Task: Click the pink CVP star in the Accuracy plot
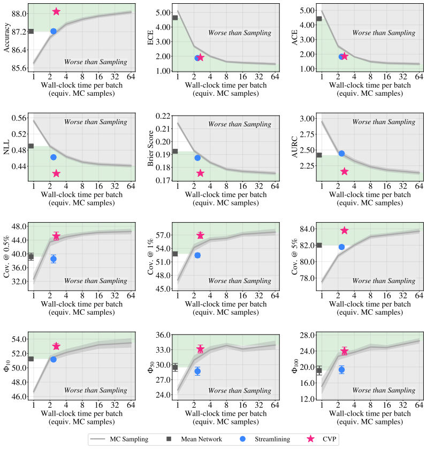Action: (x=56, y=12)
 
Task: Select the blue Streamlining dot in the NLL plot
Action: (x=54, y=157)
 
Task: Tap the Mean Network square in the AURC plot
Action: (x=319, y=155)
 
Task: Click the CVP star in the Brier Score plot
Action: (x=200, y=173)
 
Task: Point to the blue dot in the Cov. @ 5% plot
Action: (x=341, y=247)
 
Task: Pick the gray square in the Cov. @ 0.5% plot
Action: (x=31, y=256)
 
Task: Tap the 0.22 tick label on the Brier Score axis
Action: (x=163, y=116)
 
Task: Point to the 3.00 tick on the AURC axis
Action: (x=307, y=119)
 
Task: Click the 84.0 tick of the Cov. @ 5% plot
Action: (x=307, y=229)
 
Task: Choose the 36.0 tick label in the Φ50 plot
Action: (x=163, y=335)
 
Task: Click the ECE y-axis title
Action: (x=151, y=37)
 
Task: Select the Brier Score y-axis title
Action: (x=151, y=148)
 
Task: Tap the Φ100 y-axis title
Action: (x=295, y=366)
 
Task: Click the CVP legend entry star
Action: (x=310, y=439)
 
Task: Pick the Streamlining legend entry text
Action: (x=272, y=439)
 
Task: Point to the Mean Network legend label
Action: (x=201, y=439)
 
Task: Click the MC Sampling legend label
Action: (x=129, y=439)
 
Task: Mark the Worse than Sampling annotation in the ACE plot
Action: (x=384, y=33)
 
